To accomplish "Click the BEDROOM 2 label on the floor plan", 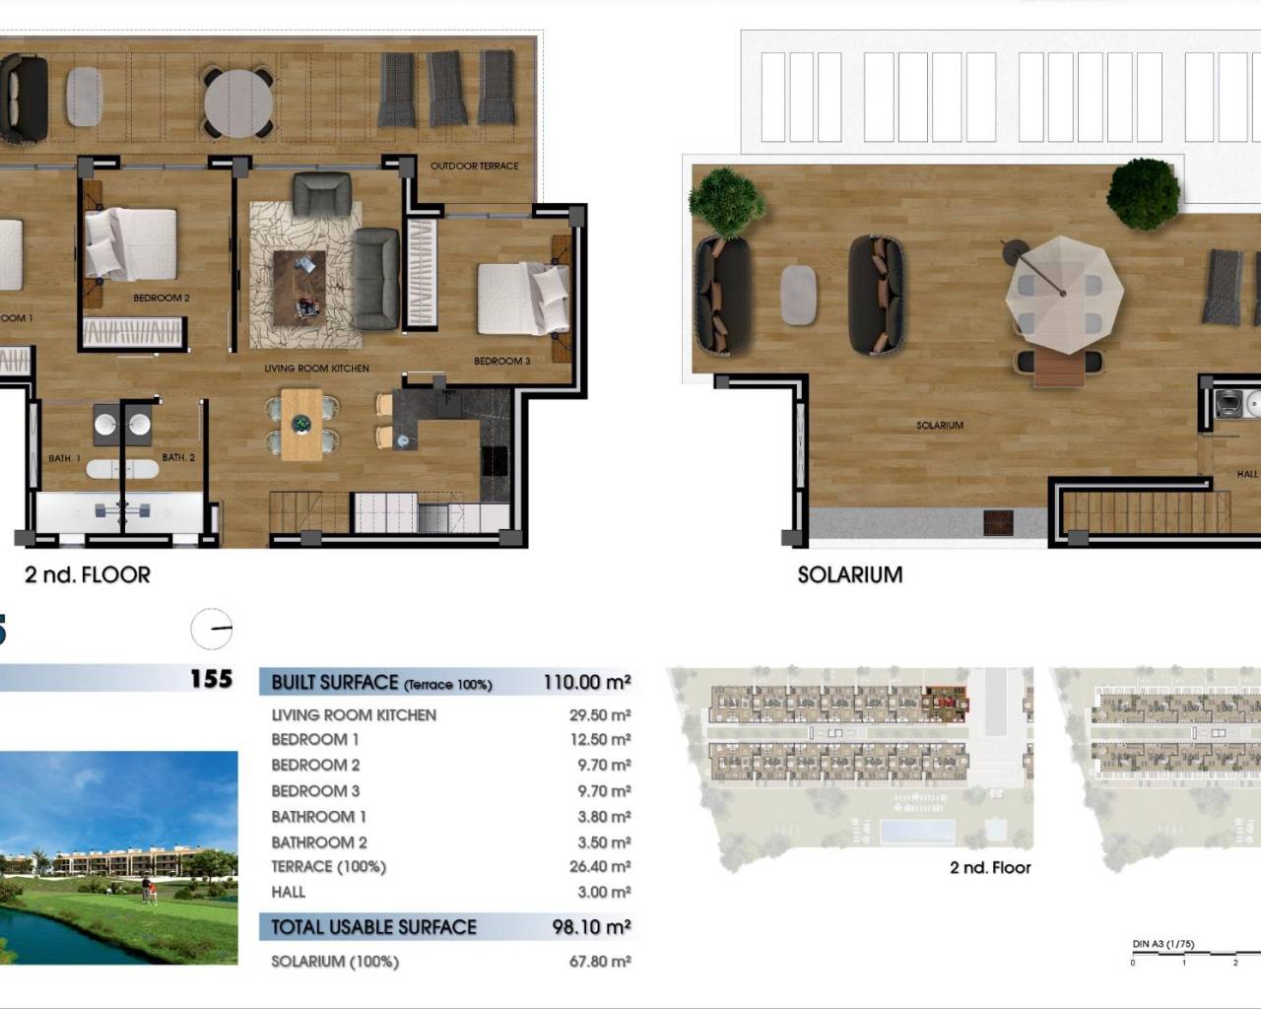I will (162, 298).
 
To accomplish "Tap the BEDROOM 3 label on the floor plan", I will (501, 361).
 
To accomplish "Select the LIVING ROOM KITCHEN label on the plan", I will (316, 369).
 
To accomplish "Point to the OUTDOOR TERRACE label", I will (474, 166).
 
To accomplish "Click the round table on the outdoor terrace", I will (239, 101).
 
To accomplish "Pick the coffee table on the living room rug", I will (299, 284).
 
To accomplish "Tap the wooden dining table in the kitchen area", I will (302, 425).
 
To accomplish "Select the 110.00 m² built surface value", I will (586, 682).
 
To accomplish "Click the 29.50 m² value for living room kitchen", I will (599, 715).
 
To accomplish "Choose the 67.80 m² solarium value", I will (599, 961).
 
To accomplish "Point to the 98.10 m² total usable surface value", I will (590, 926).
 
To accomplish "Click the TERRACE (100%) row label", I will (328, 867).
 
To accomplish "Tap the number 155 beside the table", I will (211, 679).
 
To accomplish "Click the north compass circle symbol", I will (212, 629).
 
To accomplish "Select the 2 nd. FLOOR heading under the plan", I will (88, 574).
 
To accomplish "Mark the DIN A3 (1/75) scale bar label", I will (1162, 944).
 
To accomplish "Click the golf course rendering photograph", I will (118, 857).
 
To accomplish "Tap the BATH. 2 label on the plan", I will (178, 457).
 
